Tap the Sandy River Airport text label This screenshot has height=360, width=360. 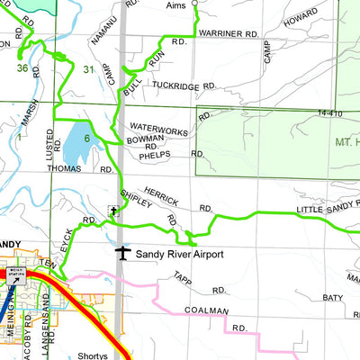[179, 255]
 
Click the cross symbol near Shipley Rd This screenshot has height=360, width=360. [113, 212]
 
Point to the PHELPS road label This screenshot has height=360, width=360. [156, 155]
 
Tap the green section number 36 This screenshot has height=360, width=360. [22, 67]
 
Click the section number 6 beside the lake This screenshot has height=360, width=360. [87, 138]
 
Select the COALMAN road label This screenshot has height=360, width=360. [202, 310]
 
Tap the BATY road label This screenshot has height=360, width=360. [333, 297]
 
